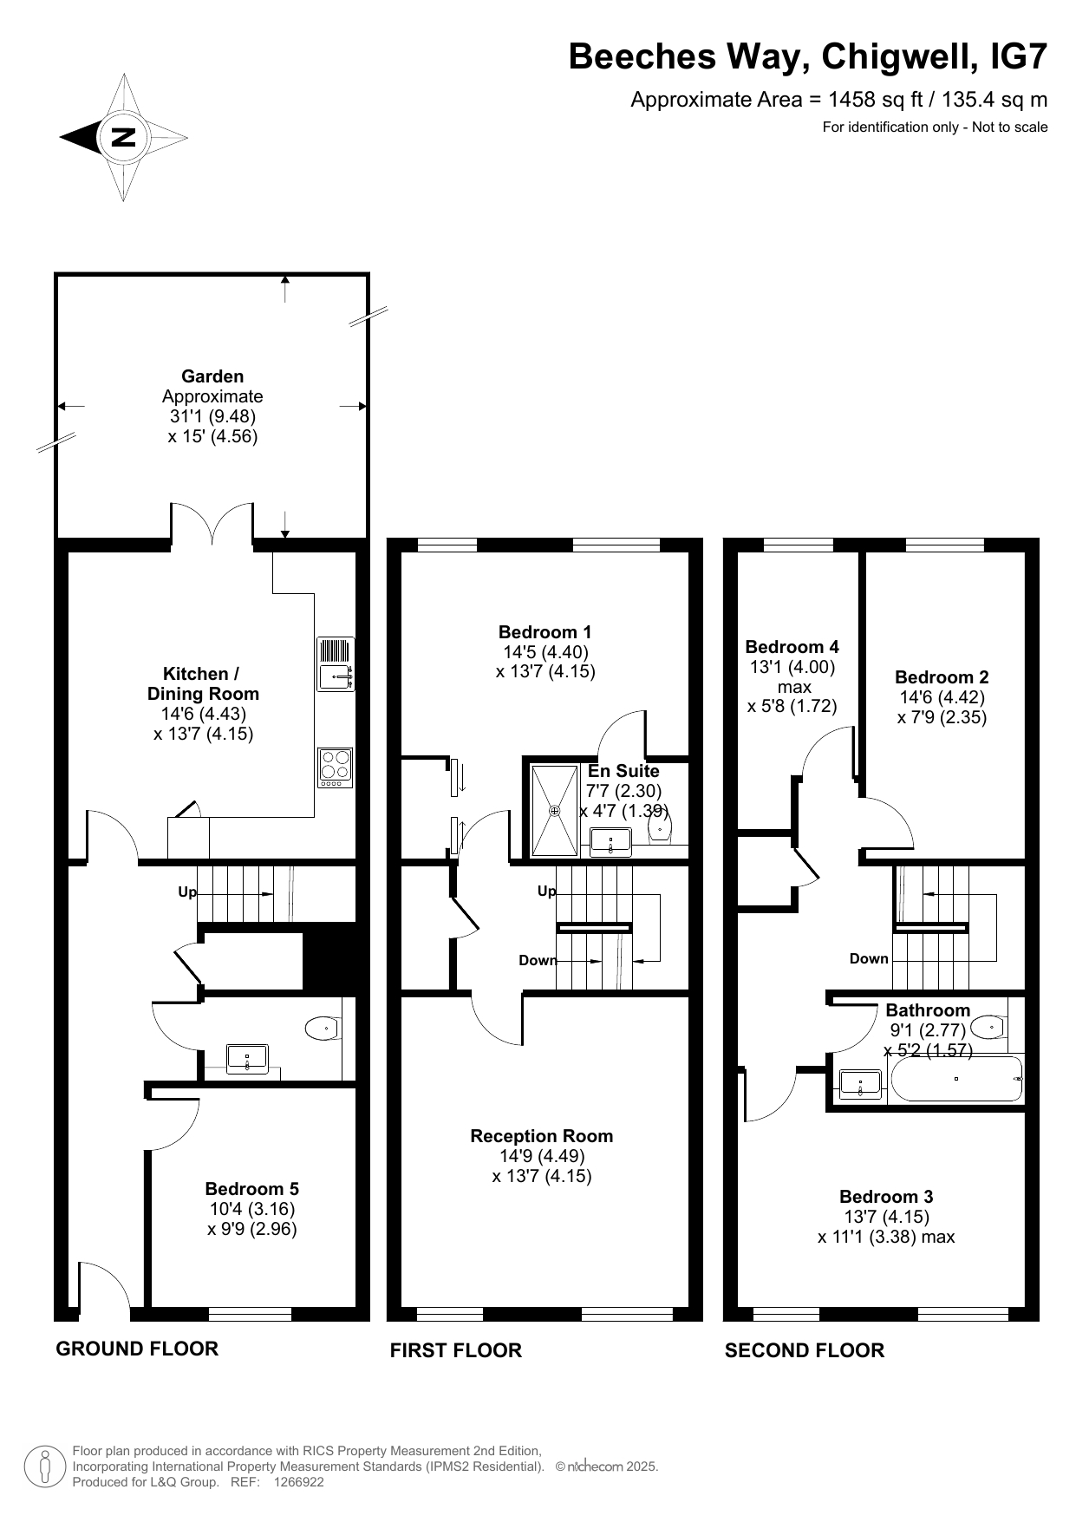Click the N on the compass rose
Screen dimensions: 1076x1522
[123, 137]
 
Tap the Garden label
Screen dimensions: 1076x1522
[212, 376]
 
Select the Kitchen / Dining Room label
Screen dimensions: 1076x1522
[203, 683]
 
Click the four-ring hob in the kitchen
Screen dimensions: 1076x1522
[336, 768]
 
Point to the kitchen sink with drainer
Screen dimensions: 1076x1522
[336, 663]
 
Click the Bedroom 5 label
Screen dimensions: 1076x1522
[252, 1189]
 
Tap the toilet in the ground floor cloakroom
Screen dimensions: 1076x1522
[323, 1029]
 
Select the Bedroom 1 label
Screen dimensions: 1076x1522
[545, 631]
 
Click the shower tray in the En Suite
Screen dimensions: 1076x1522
[555, 810]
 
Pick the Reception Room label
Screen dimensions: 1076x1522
[542, 1136]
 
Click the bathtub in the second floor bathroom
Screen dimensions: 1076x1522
[955, 1079]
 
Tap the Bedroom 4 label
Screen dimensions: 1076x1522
[792, 647]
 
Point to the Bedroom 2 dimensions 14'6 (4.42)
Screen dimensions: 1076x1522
[942, 697]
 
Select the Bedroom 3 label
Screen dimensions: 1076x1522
[886, 1197]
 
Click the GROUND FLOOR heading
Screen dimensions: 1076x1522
[137, 1349]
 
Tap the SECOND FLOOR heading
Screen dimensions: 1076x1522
[805, 1350]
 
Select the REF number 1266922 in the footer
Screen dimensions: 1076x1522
[299, 1482]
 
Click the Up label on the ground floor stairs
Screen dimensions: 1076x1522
[187, 892]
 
